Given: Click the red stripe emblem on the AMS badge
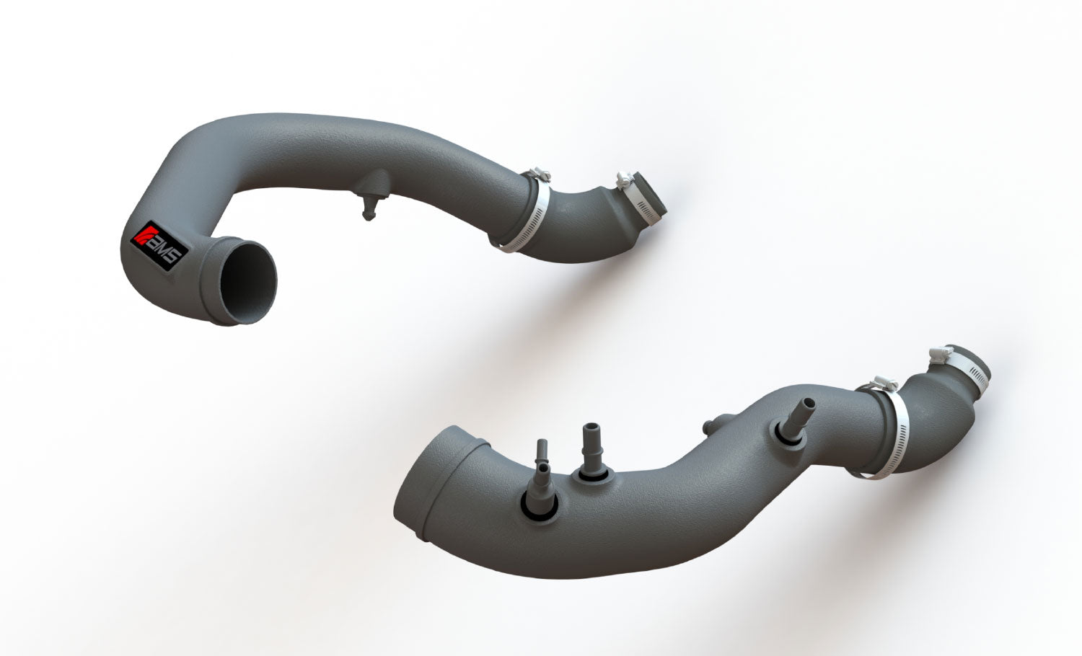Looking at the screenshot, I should pos(140,235).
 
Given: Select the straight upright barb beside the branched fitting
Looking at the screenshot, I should pos(591,451).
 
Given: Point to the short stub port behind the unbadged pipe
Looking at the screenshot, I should pos(711,425).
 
